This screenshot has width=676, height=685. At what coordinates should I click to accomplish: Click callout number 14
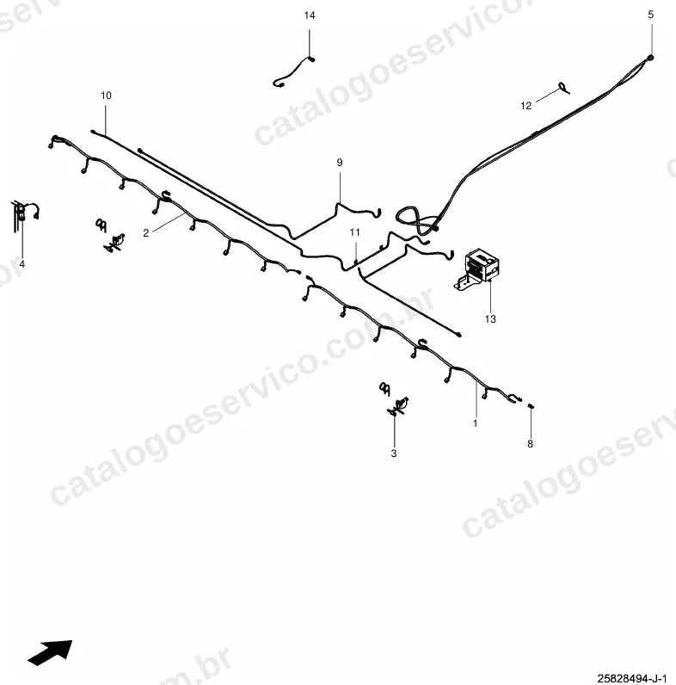pos(309,15)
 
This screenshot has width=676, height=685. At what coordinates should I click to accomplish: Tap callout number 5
pos(651,15)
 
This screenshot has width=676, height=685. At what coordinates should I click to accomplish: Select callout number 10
pos(106,96)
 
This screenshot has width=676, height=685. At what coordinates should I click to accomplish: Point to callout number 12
pos(525,106)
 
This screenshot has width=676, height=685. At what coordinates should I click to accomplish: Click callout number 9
pos(340,163)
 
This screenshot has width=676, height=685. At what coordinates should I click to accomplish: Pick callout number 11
pos(354,232)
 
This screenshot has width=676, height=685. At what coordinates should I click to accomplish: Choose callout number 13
pos(490,319)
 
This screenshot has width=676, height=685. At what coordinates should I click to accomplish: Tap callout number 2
pos(146,233)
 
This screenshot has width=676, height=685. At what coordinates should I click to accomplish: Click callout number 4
pos(22,264)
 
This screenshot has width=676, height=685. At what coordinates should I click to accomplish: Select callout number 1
pos(475,423)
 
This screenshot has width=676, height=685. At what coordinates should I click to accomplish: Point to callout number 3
pos(394,454)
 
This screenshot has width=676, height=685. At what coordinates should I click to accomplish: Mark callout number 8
pos(530,444)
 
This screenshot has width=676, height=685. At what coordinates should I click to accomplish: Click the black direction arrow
pos(50,652)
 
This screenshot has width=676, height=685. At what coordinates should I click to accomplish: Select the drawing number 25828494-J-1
pos(632,678)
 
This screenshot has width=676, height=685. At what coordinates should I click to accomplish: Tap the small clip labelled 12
pos(564,88)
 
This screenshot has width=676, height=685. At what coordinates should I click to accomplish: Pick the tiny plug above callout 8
pos(531,407)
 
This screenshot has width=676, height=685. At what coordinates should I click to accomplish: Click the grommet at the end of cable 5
pos(651,58)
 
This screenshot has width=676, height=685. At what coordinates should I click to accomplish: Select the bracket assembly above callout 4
pos(24,214)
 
